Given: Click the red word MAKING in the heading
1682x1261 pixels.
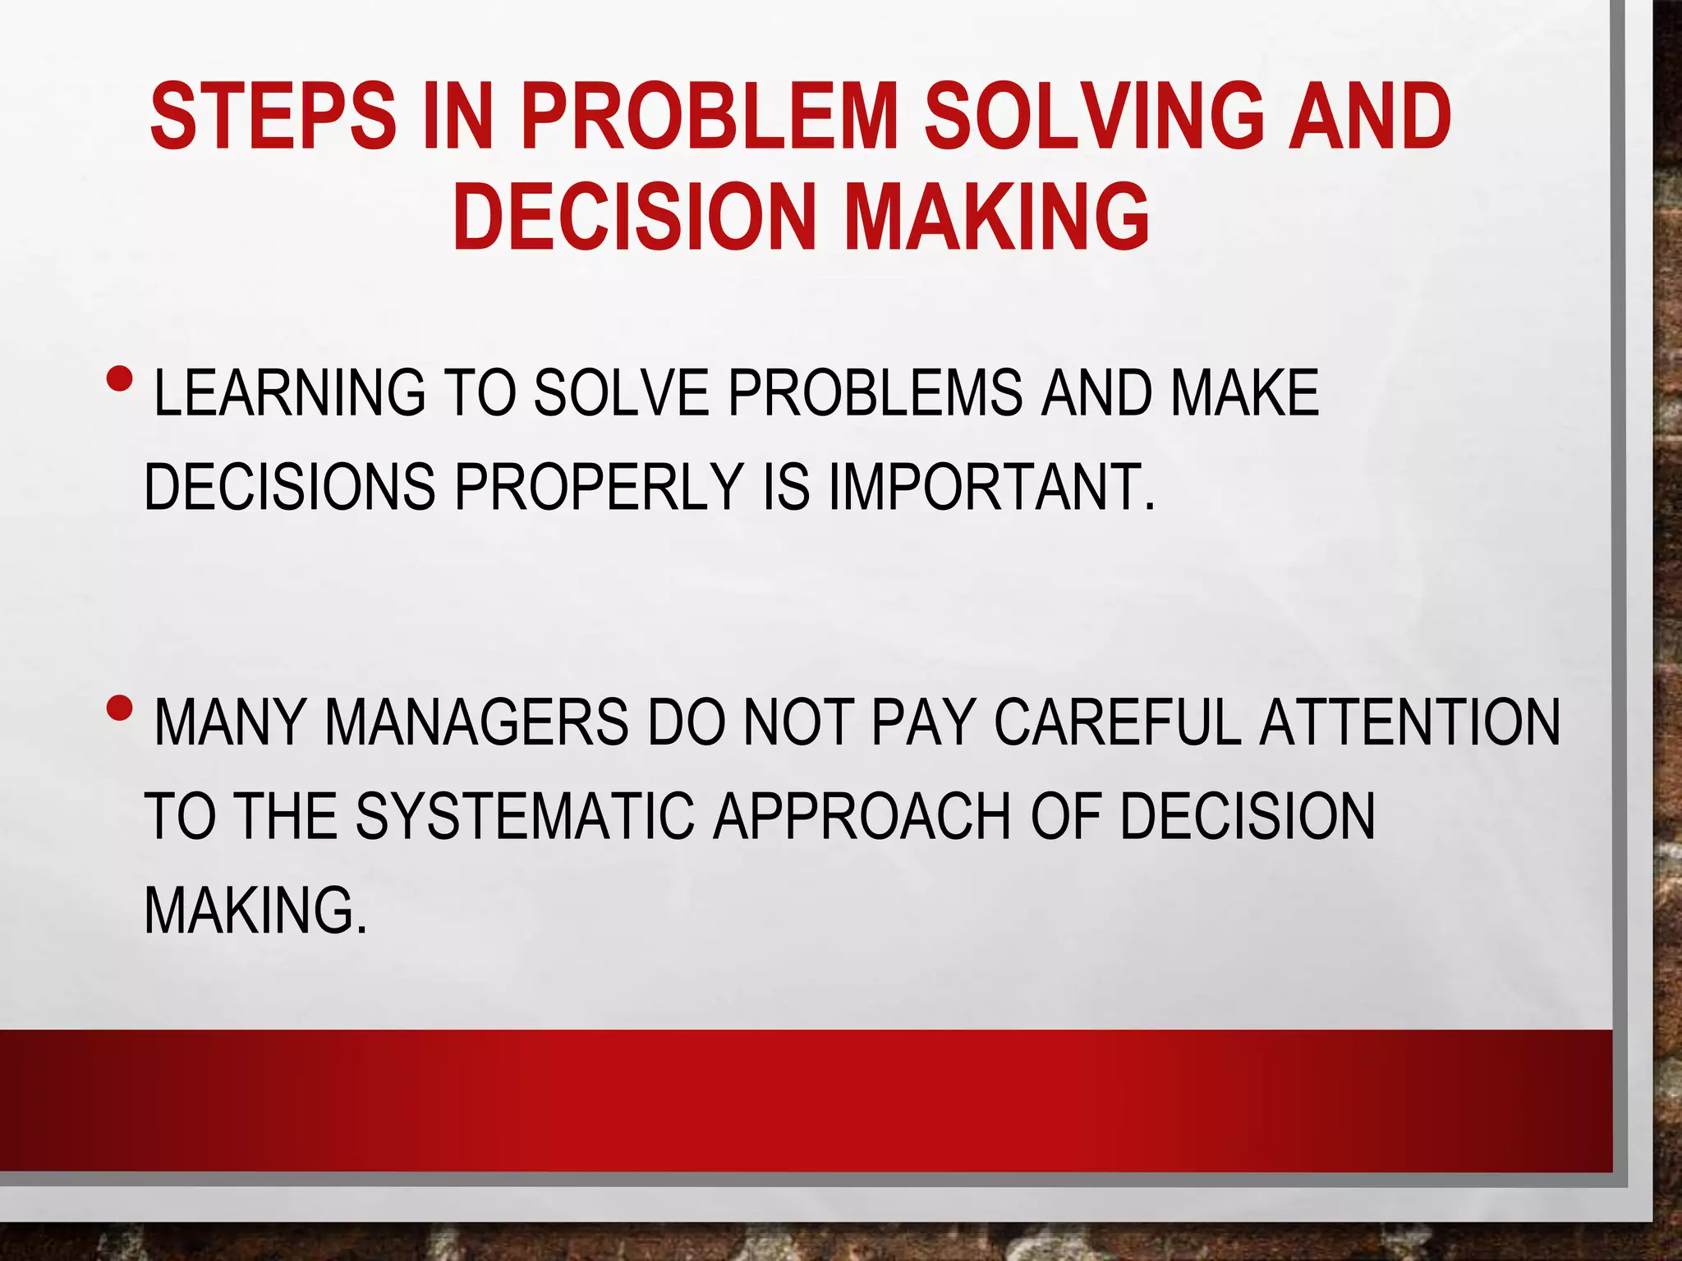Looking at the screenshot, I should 997,217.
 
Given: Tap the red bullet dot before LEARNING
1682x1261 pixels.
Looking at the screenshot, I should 119,378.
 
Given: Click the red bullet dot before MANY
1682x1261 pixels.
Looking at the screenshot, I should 119,707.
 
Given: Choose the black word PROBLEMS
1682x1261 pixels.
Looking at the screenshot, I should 875,393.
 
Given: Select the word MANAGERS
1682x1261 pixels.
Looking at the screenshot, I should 476,722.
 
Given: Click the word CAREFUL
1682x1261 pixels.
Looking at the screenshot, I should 1118,722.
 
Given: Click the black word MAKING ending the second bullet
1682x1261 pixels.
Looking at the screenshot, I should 255,910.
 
